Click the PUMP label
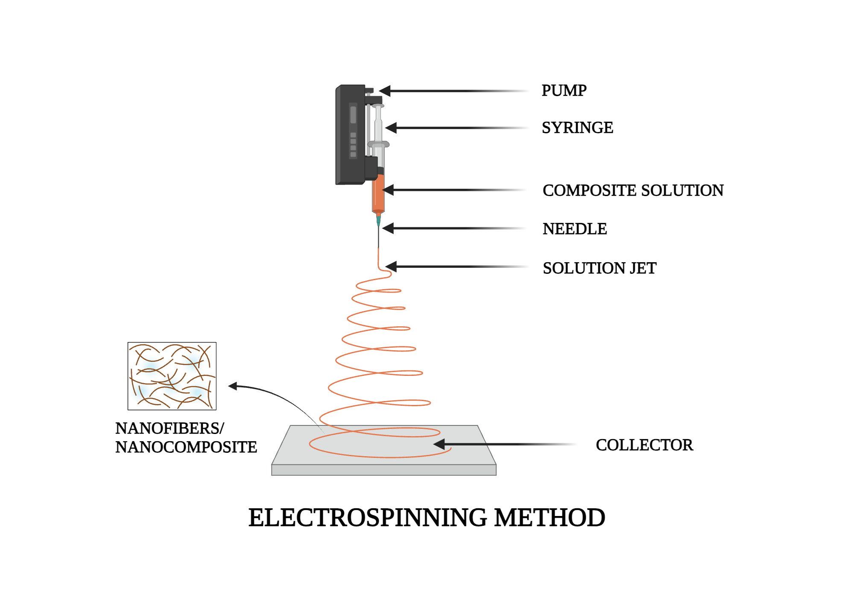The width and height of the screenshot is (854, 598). click(564, 91)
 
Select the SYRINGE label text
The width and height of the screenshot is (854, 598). click(577, 128)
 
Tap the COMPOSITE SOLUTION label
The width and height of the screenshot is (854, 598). click(633, 191)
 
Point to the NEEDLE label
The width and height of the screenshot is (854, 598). click(574, 229)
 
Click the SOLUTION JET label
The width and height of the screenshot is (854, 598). click(599, 268)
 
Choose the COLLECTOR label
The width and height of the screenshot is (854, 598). click(644, 445)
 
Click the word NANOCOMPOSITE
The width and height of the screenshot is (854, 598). click(186, 447)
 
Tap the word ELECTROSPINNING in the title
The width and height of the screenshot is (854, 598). click(367, 518)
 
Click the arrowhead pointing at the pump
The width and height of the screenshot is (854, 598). click(384, 91)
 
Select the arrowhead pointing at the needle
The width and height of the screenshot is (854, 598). click(388, 229)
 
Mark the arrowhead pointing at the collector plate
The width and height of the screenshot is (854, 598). click(439, 444)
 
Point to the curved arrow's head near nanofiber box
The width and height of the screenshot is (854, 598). click(232, 386)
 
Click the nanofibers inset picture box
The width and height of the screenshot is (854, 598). click(172, 376)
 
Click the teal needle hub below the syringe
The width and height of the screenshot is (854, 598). click(378, 220)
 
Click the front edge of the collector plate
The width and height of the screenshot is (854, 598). click(383, 470)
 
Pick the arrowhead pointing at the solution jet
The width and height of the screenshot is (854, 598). click(391, 267)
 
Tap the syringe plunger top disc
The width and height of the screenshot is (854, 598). click(378, 106)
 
